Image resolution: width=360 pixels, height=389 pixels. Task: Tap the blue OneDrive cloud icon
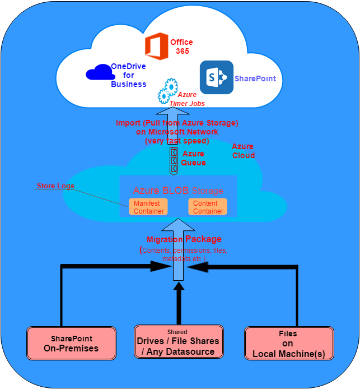click(99, 73)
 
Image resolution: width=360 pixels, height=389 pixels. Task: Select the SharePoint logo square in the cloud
click(216, 77)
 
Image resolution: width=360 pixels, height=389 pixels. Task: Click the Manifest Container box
click(148, 207)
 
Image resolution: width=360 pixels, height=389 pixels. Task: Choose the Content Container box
click(208, 207)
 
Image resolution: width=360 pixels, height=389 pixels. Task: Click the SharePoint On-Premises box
click(71, 344)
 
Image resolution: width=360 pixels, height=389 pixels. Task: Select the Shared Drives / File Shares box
click(178, 341)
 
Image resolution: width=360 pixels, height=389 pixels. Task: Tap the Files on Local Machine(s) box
click(288, 343)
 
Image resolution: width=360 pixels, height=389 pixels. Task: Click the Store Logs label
click(55, 186)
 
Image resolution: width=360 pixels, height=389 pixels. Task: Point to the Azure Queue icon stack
click(174, 160)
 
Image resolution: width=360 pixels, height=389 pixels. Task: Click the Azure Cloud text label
click(243, 151)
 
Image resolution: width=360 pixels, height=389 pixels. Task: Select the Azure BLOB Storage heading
click(178, 191)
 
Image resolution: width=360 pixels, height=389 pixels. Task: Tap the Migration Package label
click(184, 239)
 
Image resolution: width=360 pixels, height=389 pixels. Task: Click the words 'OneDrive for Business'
click(128, 75)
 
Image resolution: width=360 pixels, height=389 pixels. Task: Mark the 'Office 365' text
click(181, 47)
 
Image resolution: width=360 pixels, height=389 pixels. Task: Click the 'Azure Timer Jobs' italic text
click(191, 99)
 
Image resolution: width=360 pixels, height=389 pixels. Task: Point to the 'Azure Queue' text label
click(194, 158)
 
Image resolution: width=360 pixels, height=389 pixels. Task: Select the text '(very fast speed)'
click(176, 141)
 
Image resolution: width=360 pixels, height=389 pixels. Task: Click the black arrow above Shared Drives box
click(179, 303)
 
